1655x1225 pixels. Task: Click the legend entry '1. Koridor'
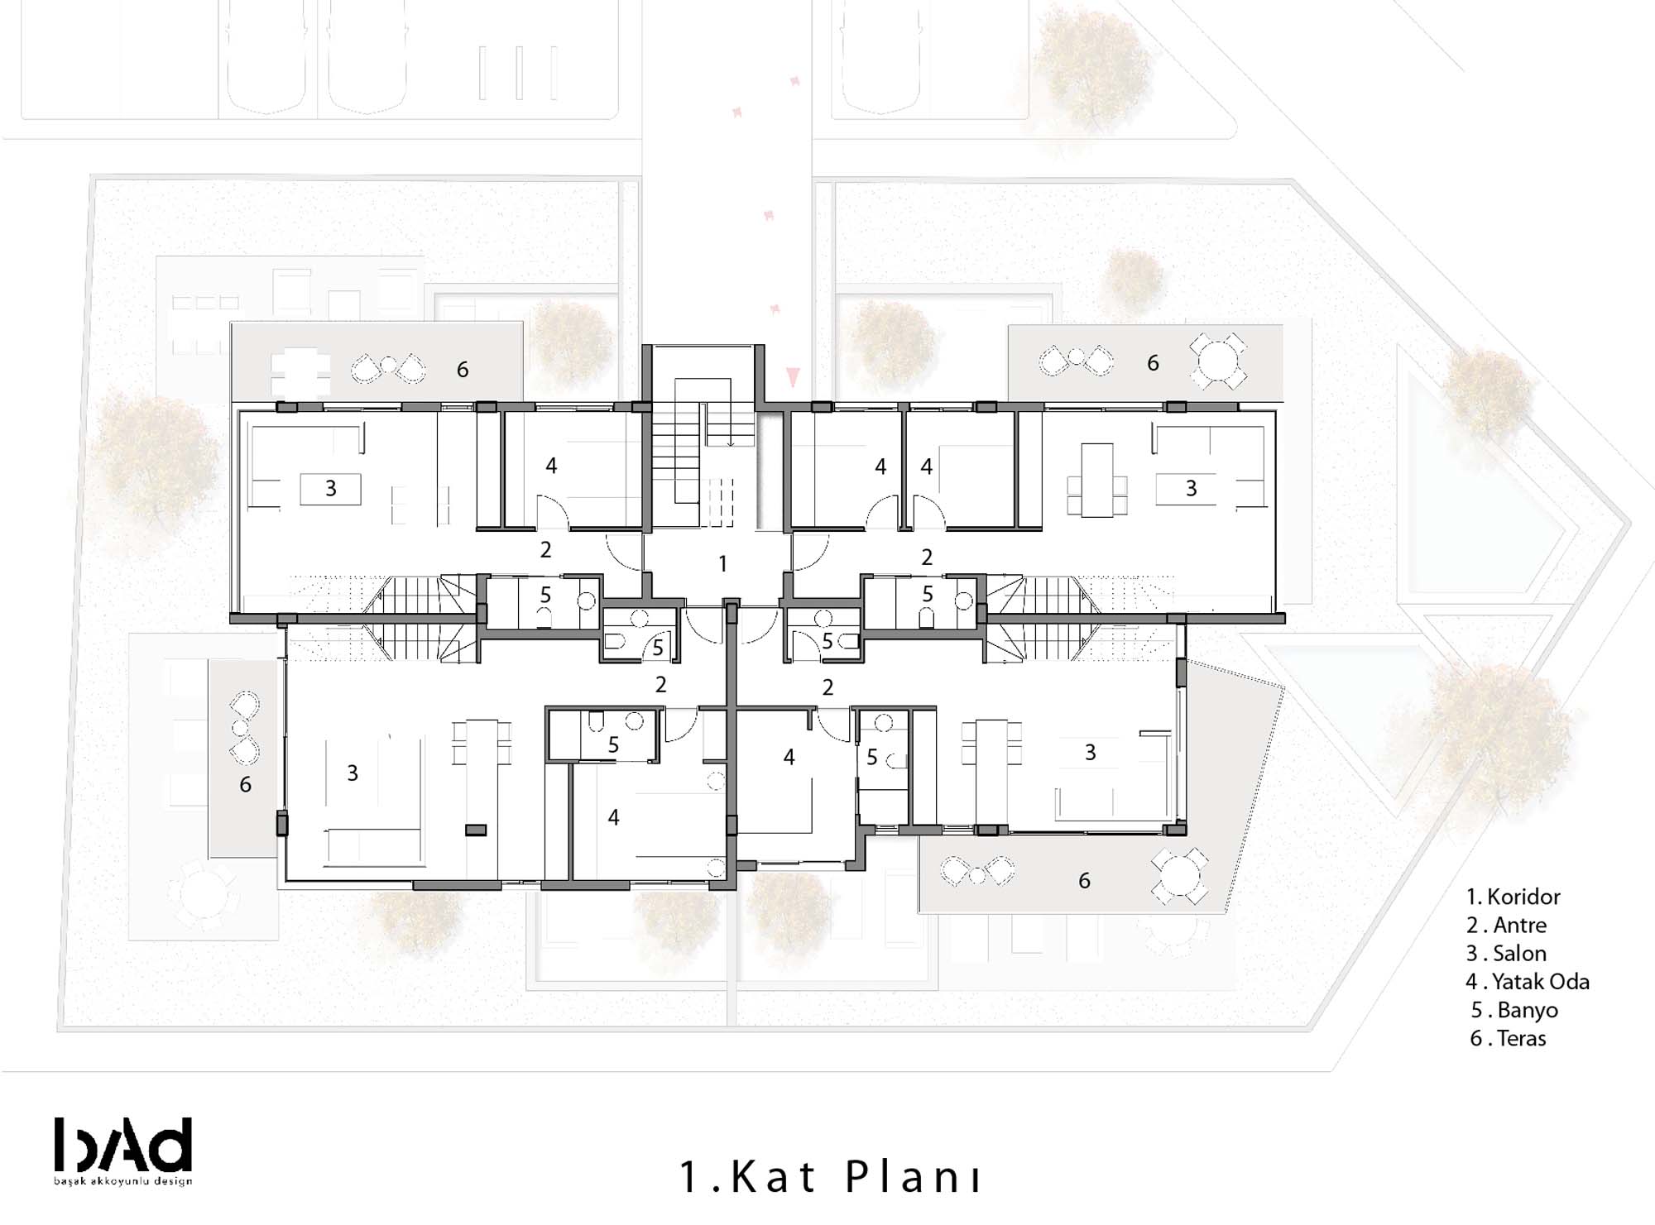click(x=1513, y=897)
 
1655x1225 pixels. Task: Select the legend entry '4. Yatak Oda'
click(x=1528, y=982)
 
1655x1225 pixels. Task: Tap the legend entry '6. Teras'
click(x=1508, y=1038)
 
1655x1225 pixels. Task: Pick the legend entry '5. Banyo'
click(x=1514, y=1010)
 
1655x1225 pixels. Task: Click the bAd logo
click(x=123, y=1145)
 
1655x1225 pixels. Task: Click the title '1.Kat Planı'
click(x=830, y=1176)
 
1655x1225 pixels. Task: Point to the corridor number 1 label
click(x=722, y=564)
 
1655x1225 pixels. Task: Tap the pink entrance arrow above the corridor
click(x=794, y=377)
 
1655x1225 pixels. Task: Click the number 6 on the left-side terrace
click(x=245, y=784)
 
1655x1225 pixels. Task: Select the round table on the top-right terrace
click(x=1218, y=361)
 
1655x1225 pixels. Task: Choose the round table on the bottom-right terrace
click(x=1179, y=876)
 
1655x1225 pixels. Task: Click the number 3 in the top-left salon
click(x=331, y=489)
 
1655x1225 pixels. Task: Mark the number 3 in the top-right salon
click(x=1191, y=489)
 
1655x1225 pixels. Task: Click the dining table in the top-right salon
click(x=1097, y=481)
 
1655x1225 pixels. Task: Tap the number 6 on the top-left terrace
click(x=463, y=370)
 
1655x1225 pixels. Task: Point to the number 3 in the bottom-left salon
click(x=353, y=773)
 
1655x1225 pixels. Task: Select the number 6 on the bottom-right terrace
click(x=1084, y=881)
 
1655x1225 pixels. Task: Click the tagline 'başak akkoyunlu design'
click(x=123, y=1180)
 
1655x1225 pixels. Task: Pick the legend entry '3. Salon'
click(x=1506, y=954)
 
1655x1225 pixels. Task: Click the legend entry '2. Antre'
click(x=1506, y=925)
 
